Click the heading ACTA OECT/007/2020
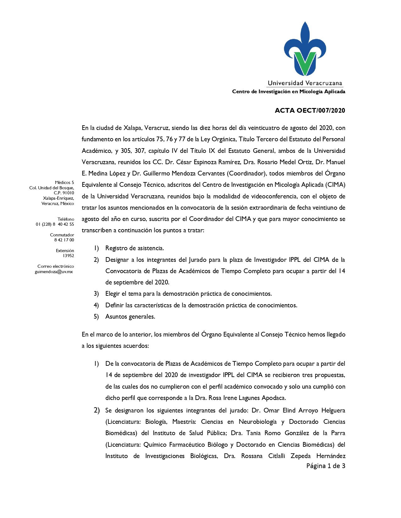pyautogui.click(x=310, y=111)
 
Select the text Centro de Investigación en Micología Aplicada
pyautogui.click(x=288, y=92)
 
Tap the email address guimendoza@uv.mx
pyautogui.click(x=54, y=272)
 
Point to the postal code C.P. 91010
pyautogui.click(x=64, y=193)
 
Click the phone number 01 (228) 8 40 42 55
pyautogui.click(x=55, y=224)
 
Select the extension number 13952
pyautogui.click(x=68, y=256)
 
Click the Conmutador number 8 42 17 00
pyautogui.click(x=64, y=240)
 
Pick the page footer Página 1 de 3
pyautogui.click(x=326, y=466)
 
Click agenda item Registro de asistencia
pyautogui.click(x=134, y=248)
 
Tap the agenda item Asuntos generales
pyautogui.click(x=130, y=316)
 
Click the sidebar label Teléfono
pyautogui.click(x=66, y=219)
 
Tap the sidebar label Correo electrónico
pyautogui.click(x=56, y=266)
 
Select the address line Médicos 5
pyautogui.click(x=64, y=182)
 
